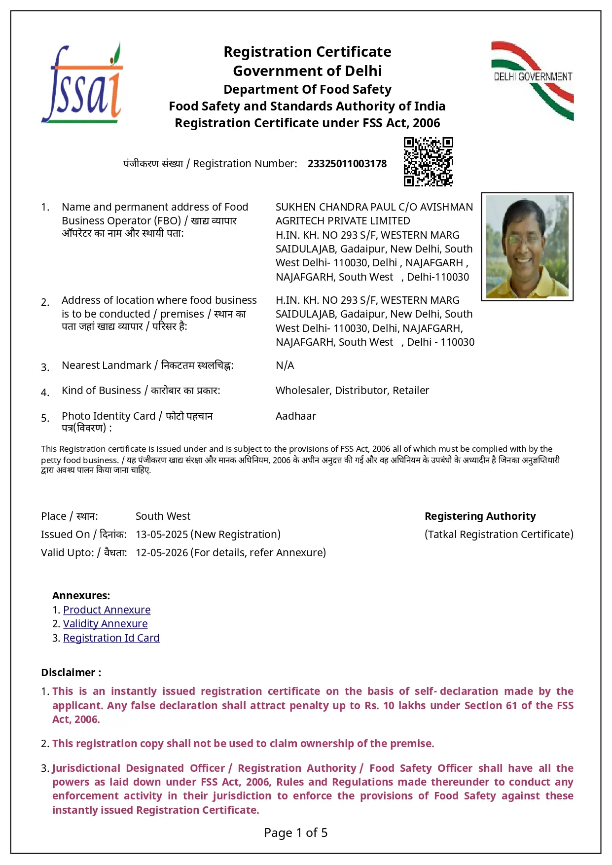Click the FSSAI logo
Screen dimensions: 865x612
click(x=82, y=83)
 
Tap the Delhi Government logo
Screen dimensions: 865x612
click(x=533, y=80)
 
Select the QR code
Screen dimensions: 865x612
click(x=428, y=162)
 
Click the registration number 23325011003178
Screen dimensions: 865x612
click(x=347, y=164)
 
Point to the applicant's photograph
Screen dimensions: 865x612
click(x=527, y=247)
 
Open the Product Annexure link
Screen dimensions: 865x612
click(x=107, y=610)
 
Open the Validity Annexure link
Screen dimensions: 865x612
click(x=105, y=624)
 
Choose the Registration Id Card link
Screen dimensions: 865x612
click(x=111, y=638)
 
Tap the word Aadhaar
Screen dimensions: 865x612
click(x=296, y=416)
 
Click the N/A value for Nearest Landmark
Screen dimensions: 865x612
click(x=285, y=365)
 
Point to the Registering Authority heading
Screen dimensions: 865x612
click(x=480, y=516)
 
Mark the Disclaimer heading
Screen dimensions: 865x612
click(x=71, y=673)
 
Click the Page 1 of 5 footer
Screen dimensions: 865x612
click(x=295, y=833)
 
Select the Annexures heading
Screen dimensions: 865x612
click(x=81, y=596)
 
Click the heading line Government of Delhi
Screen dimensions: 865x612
click(x=307, y=71)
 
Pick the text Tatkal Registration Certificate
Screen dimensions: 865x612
click(x=499, y=535)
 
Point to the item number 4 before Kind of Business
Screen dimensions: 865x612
click(x=45, y=393)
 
